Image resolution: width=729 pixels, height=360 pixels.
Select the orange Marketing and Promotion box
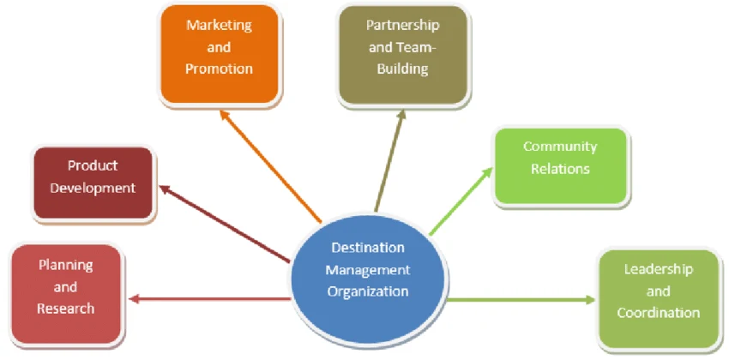pyautogui.click(x=220, y=54)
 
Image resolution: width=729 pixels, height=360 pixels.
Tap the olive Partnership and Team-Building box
pyautogui.click(x=403, y=54)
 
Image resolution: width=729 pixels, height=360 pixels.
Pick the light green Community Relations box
pyautogui.click(x=560, y=165)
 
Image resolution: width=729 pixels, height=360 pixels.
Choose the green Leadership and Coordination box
pyautogui.click(x=658, y=298)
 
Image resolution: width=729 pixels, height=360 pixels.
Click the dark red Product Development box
pyautogui.click(x=93, y=182)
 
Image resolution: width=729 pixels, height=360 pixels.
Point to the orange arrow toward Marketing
pyautogui.click(x=271, y=168)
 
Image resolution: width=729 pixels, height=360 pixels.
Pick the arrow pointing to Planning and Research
pyautogui.click(x=209, y=298)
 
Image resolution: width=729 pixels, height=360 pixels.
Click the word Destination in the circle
pyautogui.click(x=368, y=248)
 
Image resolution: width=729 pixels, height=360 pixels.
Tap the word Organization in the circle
pyautogui.click(x=368, y=291)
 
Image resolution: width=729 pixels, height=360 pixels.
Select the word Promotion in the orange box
pyautogui.click(x=220, y=69)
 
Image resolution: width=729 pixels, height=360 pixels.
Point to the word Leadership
pyautogui.click(x=658, y=269)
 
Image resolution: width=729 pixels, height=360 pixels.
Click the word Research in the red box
pyautogui.click(x=65, y=308)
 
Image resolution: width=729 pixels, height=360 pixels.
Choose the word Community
pyautogui.click(x=560, y=147)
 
